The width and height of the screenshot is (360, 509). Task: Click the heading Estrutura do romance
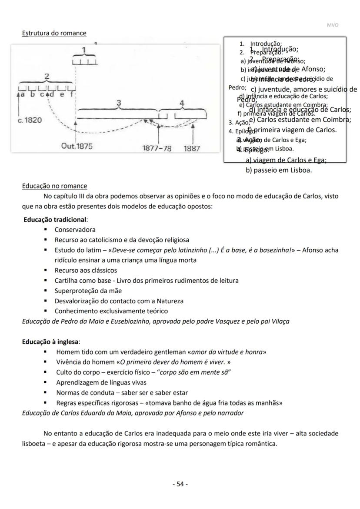point(54,33)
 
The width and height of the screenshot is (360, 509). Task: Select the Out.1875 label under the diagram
point(77,147)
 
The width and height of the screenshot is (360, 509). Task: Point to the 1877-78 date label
point(157,148)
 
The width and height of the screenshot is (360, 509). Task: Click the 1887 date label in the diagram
point(192,148)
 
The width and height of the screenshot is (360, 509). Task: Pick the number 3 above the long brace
point(118,103)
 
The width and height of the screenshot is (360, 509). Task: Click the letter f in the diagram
point(72,94)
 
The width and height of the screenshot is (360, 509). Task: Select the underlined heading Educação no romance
point(54,186)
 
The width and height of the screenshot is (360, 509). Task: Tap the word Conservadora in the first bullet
point(75,229)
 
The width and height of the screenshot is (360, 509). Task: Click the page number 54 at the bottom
point(180,484)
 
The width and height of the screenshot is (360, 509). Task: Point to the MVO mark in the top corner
point(332,25)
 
